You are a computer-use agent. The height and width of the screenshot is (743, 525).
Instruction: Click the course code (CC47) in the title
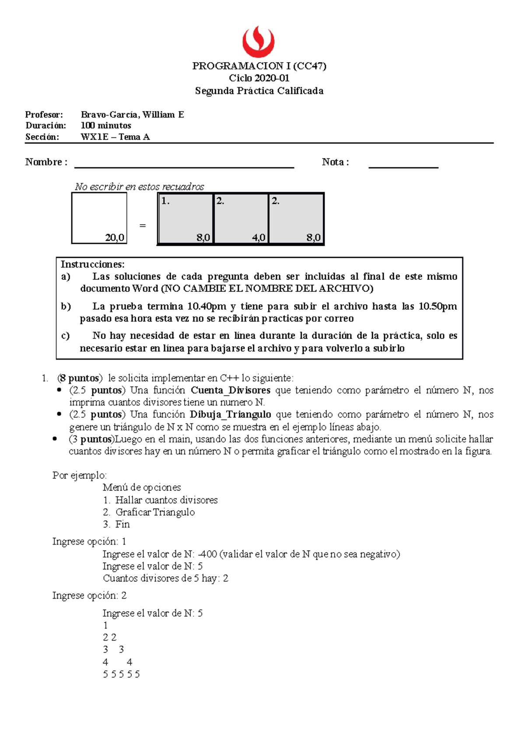pyautogui.click(x=310, y=66)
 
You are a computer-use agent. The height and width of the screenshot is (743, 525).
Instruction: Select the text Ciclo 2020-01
pyautogui.click(x=259, y=78)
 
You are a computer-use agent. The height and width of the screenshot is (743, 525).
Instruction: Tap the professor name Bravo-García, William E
pyautogui.click(x=132, y=115)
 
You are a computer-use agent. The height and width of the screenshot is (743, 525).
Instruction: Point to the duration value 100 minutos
pyautogui.click(x=106, y=126)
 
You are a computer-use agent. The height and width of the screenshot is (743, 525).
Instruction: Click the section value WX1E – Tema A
pyautogui.click(x=115, y=137)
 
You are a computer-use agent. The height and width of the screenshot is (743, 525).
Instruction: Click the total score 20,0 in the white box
pyautogui.click(x=115, y=238)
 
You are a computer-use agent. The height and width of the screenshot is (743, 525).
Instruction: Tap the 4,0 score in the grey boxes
pyautogui.click(x=258, y=238)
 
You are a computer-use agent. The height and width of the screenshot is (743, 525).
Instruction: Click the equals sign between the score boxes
pyautogui.click(x=142, y=226)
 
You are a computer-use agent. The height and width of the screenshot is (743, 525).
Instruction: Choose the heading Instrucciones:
pyautogui.click(x=92, y=264)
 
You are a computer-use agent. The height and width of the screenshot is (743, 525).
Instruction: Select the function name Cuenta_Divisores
pyautogui.click(x=231, y=390)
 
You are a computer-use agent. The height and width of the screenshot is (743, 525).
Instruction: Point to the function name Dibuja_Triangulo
pyautogui.click(x=230, y=414)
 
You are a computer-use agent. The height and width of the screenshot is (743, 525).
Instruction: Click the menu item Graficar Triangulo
pyautogui.click(x=155, y=512)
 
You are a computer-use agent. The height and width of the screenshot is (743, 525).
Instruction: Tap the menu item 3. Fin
pyautogui.click(x=117, y=524)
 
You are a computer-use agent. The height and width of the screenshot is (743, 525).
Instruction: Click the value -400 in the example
pyautogui.click(x=207, y=554)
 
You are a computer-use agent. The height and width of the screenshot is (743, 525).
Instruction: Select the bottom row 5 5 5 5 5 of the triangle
pyautogui.click(x=121, y=674)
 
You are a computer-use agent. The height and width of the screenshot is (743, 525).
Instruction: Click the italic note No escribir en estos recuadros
pyautogui.click(x=139, y=187)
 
